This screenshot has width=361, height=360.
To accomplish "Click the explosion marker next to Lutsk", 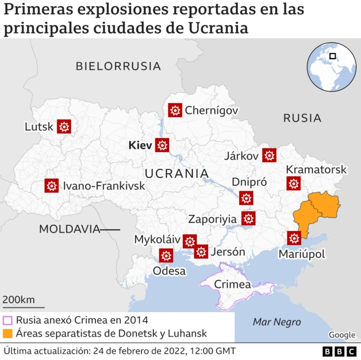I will point(64,127).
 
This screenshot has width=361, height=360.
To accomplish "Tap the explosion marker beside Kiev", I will point(163,145).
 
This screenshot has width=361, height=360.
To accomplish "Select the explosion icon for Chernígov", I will point(175,110).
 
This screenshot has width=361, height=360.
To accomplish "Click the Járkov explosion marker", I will point(270,155).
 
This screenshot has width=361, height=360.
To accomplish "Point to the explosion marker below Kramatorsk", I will point(293,183).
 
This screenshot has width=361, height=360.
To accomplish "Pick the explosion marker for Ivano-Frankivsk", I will point(52,185).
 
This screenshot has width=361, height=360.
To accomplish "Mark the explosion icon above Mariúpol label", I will point(294,238).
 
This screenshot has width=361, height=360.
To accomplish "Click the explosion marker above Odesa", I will point(166,256).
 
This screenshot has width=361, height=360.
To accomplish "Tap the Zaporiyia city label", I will point(212,219).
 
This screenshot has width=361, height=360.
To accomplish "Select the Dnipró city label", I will point(249,182).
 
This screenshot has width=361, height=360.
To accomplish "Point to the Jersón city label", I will point(227,252).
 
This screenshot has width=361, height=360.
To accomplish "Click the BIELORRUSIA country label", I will point(118,66).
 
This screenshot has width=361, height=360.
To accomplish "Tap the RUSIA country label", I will point(302,118).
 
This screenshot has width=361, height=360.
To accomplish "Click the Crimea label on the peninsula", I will point(232,285).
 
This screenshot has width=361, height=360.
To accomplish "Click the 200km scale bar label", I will point(19,299).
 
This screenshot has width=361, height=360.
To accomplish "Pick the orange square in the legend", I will point(8,334).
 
